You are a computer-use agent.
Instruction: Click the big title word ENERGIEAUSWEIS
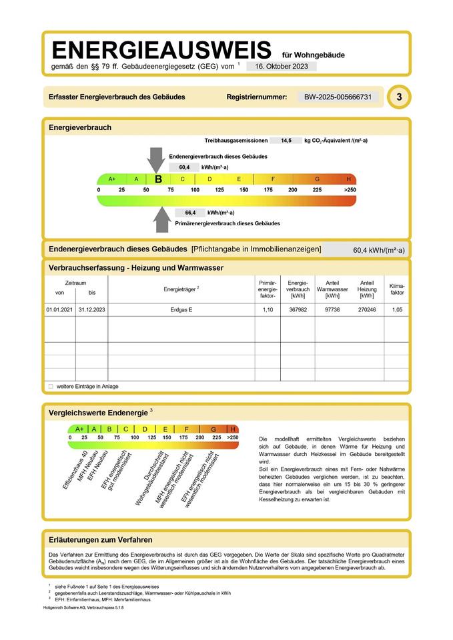161,50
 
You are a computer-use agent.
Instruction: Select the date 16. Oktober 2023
281,67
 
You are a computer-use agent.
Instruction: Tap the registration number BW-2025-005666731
337,97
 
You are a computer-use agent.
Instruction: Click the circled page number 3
399,97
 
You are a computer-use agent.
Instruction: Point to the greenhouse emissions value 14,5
286,141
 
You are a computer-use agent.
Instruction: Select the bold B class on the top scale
158,179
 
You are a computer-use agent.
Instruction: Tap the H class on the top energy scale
348,179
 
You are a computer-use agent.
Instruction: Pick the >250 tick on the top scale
350,190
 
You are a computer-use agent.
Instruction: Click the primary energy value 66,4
189,213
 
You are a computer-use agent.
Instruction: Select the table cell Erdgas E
181,311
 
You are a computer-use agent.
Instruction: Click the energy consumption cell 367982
298,311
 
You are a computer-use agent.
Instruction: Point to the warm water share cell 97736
332,311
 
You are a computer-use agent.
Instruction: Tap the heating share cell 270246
367,311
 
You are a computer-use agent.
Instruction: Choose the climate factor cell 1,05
397,311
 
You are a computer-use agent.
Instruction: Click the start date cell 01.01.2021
59,311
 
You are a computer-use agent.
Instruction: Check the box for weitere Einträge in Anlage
51,386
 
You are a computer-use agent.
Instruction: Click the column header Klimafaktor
397,289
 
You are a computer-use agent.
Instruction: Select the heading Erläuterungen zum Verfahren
101,539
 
